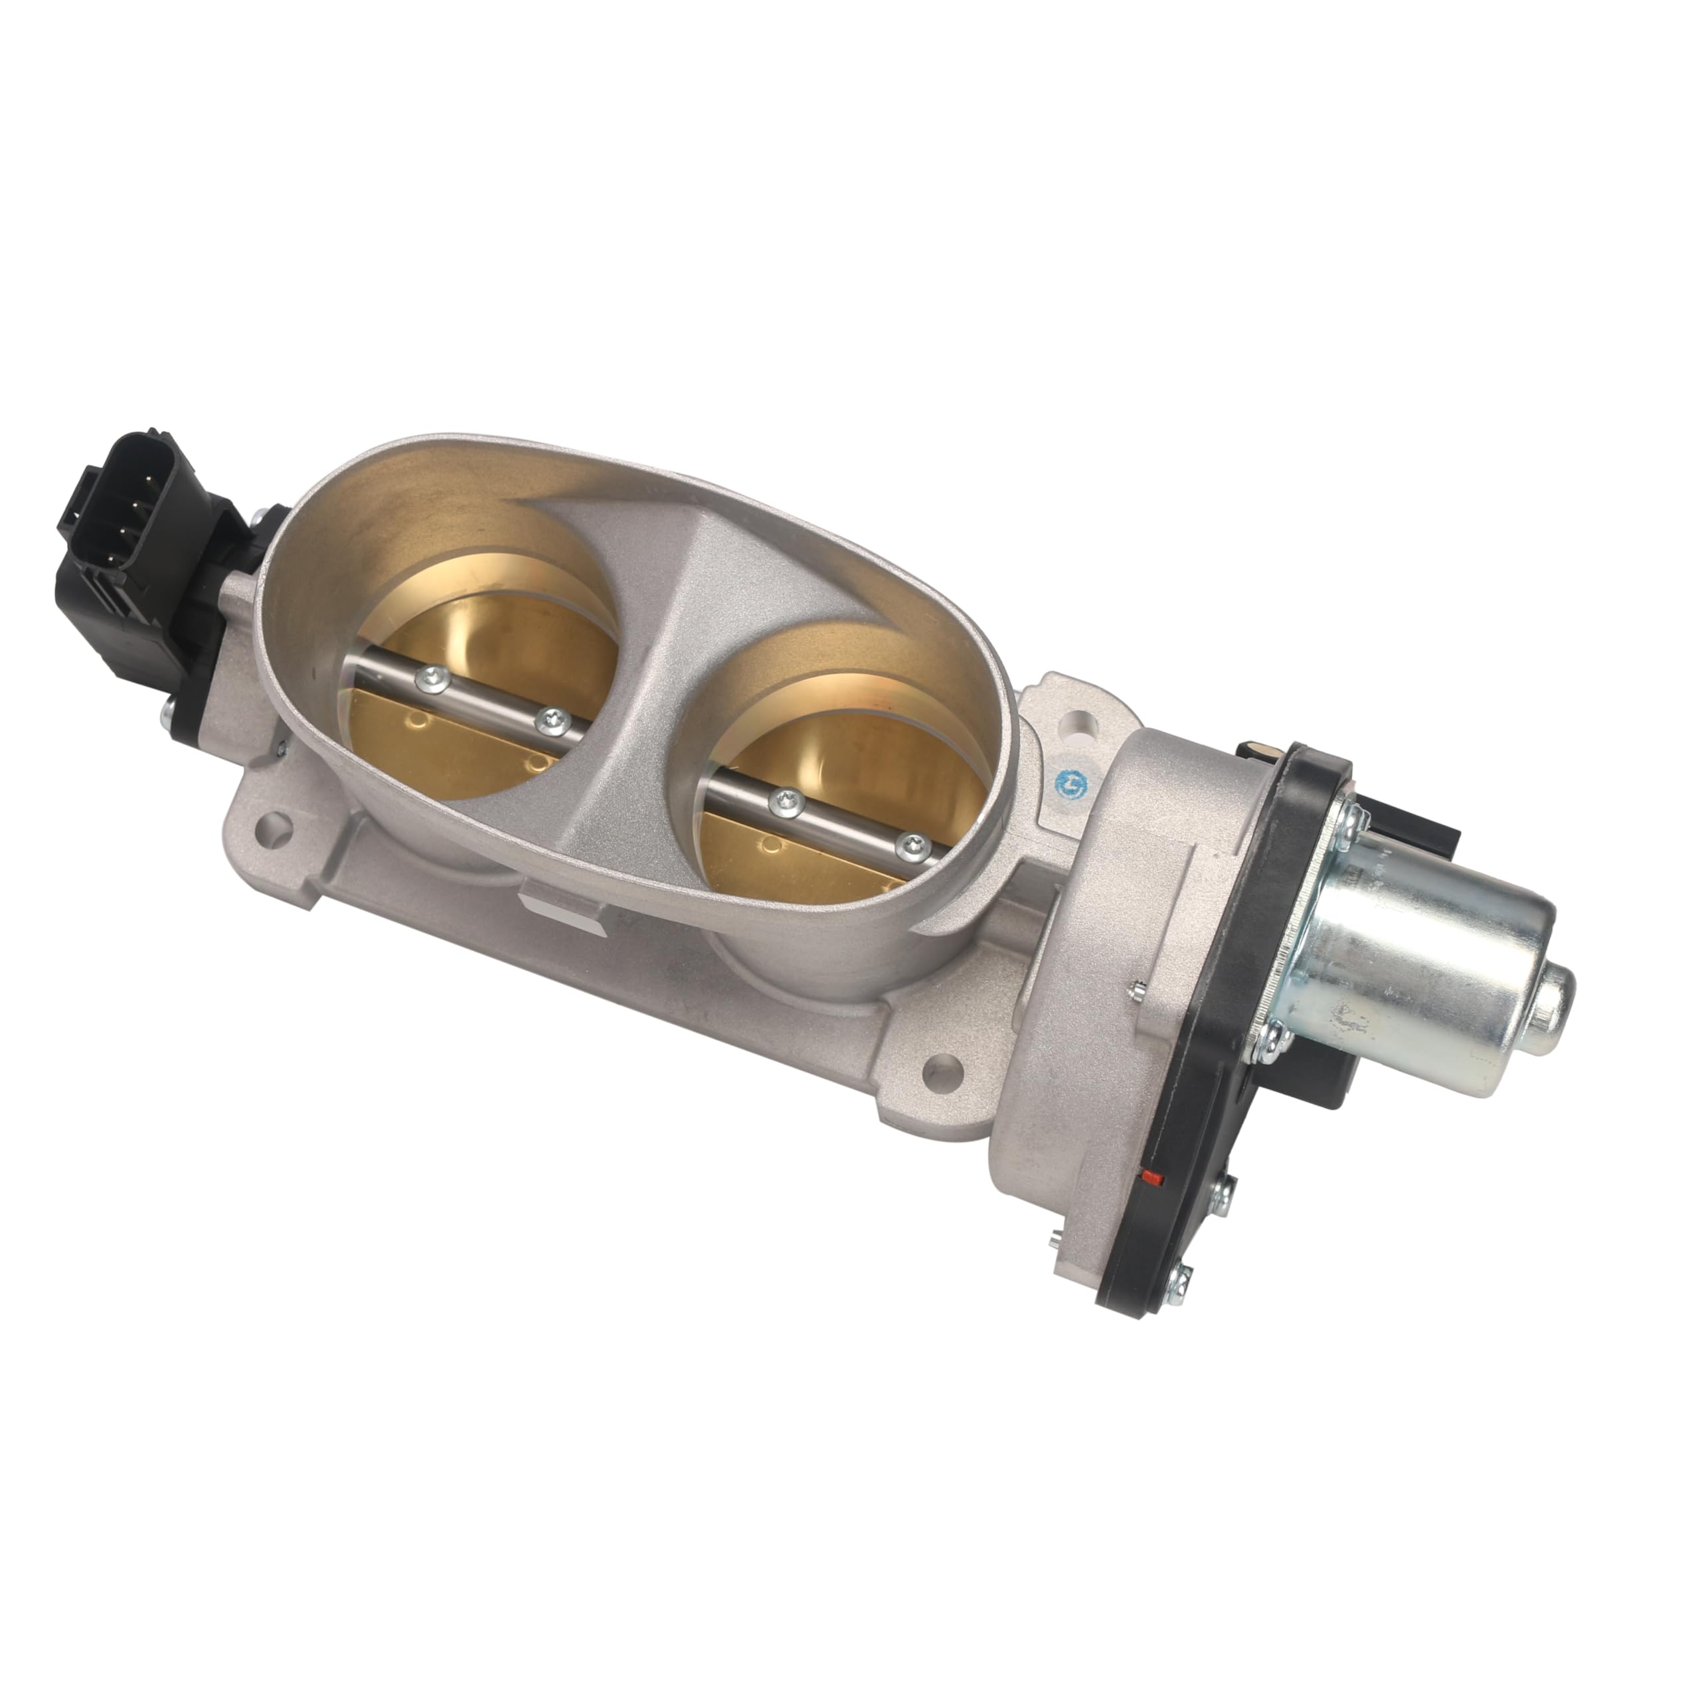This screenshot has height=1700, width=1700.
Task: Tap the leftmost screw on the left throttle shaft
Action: pyautogui.click(x=433, y=676)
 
